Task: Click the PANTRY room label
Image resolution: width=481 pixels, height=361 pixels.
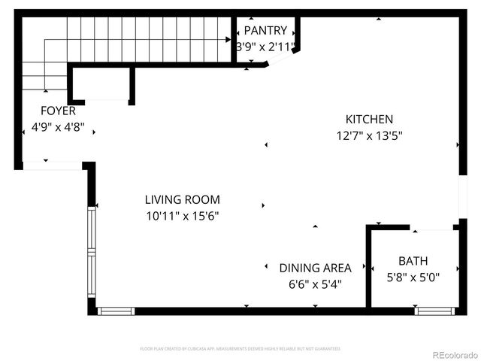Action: click(x=265, y=31)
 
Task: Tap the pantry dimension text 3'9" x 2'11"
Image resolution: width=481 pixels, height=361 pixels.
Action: click(x=265, y=47)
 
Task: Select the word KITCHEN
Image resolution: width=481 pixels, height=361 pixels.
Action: click(x=368, y=119)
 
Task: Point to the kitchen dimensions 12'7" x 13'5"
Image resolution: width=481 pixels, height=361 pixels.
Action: click(x=368, y=136)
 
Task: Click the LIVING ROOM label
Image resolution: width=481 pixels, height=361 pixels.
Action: click(x=182, y=199)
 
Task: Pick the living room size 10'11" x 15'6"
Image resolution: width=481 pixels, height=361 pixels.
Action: click(x=182, y=216)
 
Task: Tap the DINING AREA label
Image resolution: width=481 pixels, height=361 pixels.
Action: click(x=315, y=268)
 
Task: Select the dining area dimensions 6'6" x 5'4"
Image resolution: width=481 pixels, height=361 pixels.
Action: click(x=315, y=284)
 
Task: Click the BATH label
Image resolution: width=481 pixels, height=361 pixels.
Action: click(x=413, y=261)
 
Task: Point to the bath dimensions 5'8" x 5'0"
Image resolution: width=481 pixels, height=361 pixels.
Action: click(x=413, y=277)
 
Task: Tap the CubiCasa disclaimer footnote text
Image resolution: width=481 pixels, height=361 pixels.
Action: click(x=240, y=349)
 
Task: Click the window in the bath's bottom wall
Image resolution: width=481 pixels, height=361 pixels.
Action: click(x=435, y=311)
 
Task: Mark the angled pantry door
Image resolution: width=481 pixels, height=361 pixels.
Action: click(x=283, y=59)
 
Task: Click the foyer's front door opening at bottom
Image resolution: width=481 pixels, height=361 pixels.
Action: click(x=51, y=165)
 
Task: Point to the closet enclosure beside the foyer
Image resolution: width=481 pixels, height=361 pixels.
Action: click(x=103, y=84)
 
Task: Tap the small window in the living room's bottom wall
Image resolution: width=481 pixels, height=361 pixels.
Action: click(x=116, y=311)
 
